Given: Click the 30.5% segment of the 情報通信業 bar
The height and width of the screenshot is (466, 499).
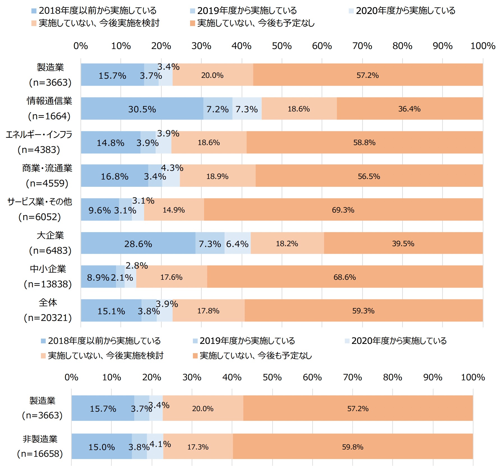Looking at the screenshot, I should click(x=142, y=108).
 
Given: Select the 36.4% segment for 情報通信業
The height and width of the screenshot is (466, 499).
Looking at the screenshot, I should click(x=410, y=108).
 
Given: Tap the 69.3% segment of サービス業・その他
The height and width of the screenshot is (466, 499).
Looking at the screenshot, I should click(x=343, y=209).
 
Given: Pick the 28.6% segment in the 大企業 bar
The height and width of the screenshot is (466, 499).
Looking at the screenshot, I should click(x=138, y=243).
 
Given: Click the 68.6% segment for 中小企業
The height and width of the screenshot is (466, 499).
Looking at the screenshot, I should click(x=345, y=277).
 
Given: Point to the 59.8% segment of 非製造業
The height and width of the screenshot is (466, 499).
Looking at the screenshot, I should click(x=353, y=447).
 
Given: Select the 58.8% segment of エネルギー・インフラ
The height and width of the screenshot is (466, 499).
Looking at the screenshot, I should click(x=364, y=142).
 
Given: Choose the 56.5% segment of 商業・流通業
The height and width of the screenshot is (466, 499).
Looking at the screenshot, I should click(x=369, y=176).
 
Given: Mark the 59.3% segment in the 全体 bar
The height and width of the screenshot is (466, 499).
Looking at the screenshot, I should click(x=363, y=310).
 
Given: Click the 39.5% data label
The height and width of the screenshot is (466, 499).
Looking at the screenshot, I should click(x=403, y=243).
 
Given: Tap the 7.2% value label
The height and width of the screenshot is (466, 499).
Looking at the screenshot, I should click(x=218, y=109).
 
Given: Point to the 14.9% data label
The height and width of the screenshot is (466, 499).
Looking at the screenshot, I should click(x=174, y=210).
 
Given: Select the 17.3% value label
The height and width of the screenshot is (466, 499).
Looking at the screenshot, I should click(x=198, y=447).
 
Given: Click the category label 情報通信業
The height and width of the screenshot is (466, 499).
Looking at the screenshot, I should click(x=49, y=101).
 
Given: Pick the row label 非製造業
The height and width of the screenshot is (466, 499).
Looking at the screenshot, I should click(x=40, y=439).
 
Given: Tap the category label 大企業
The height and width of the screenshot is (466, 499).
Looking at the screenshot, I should click(x=50, y=235).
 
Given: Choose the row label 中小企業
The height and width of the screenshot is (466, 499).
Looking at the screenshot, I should click(x=48, y=269).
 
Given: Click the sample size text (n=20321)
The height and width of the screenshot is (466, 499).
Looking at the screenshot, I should click(x=48, y=318).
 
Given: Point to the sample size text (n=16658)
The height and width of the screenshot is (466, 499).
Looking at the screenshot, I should click(x=40, y=453).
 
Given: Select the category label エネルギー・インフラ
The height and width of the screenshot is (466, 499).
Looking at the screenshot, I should click(x=39, y=134).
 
